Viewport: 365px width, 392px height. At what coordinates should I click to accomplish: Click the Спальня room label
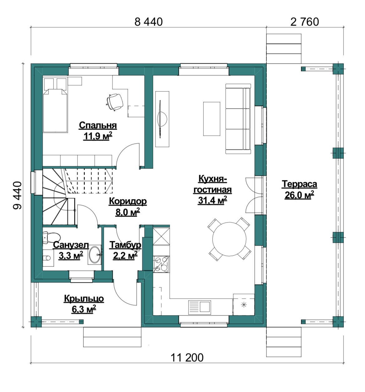pos(98,126)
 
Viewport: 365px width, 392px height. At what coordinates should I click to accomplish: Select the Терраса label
pos(299,184)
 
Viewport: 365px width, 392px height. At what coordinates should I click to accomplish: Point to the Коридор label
pos(128,202)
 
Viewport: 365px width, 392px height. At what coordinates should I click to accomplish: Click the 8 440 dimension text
pos(148,22)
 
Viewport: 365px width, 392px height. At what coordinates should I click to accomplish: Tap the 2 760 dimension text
pos(304,22)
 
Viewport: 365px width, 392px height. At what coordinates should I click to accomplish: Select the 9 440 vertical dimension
pos(17,195)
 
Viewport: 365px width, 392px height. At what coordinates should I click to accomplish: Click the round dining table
pos(229,239)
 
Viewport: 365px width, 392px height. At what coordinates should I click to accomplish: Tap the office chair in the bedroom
pos(114,101)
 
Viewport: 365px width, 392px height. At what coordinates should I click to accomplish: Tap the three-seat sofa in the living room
pos(238,119)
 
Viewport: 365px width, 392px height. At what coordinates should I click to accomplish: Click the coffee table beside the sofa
pos(212,119)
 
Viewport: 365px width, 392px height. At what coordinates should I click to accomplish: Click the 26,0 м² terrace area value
pos(299,195)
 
